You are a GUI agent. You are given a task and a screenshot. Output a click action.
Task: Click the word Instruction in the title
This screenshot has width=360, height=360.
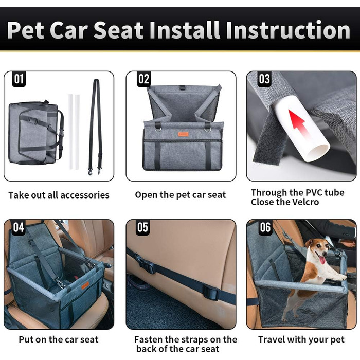pos(288,30)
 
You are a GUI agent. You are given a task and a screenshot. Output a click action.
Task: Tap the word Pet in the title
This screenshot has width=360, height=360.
pos(26,30)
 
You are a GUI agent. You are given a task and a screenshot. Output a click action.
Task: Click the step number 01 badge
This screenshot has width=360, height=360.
pos(19,79)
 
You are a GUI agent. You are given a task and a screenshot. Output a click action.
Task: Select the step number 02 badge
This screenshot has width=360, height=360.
pos(143,79)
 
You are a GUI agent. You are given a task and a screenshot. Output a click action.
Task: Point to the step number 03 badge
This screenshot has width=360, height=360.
pos(264,79)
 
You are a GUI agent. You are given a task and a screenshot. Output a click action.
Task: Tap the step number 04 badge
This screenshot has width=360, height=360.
pos(19,227)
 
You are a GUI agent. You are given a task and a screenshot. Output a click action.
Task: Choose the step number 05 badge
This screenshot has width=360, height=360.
pos(142,227)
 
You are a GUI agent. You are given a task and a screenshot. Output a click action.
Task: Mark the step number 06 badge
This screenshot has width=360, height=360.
pos(265,227)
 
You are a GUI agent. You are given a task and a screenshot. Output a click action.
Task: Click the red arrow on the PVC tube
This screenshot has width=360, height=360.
pos(297,123)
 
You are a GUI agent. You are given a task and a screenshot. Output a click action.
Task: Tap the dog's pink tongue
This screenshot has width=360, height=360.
pos(322,260)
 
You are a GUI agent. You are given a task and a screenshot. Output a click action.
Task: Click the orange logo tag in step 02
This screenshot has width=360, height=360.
pos(183,134)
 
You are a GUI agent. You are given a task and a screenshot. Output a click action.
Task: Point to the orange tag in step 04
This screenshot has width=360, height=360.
pos(85,286)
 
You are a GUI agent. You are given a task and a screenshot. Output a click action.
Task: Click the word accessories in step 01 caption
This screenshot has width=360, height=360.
pos(85,195)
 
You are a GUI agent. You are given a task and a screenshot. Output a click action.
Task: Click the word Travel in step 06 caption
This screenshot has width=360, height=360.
pos(272,339)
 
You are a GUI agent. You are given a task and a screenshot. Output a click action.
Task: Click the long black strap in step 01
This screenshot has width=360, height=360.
pos(95,127)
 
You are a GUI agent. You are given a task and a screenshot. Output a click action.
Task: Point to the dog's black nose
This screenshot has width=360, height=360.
pos(325,253)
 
